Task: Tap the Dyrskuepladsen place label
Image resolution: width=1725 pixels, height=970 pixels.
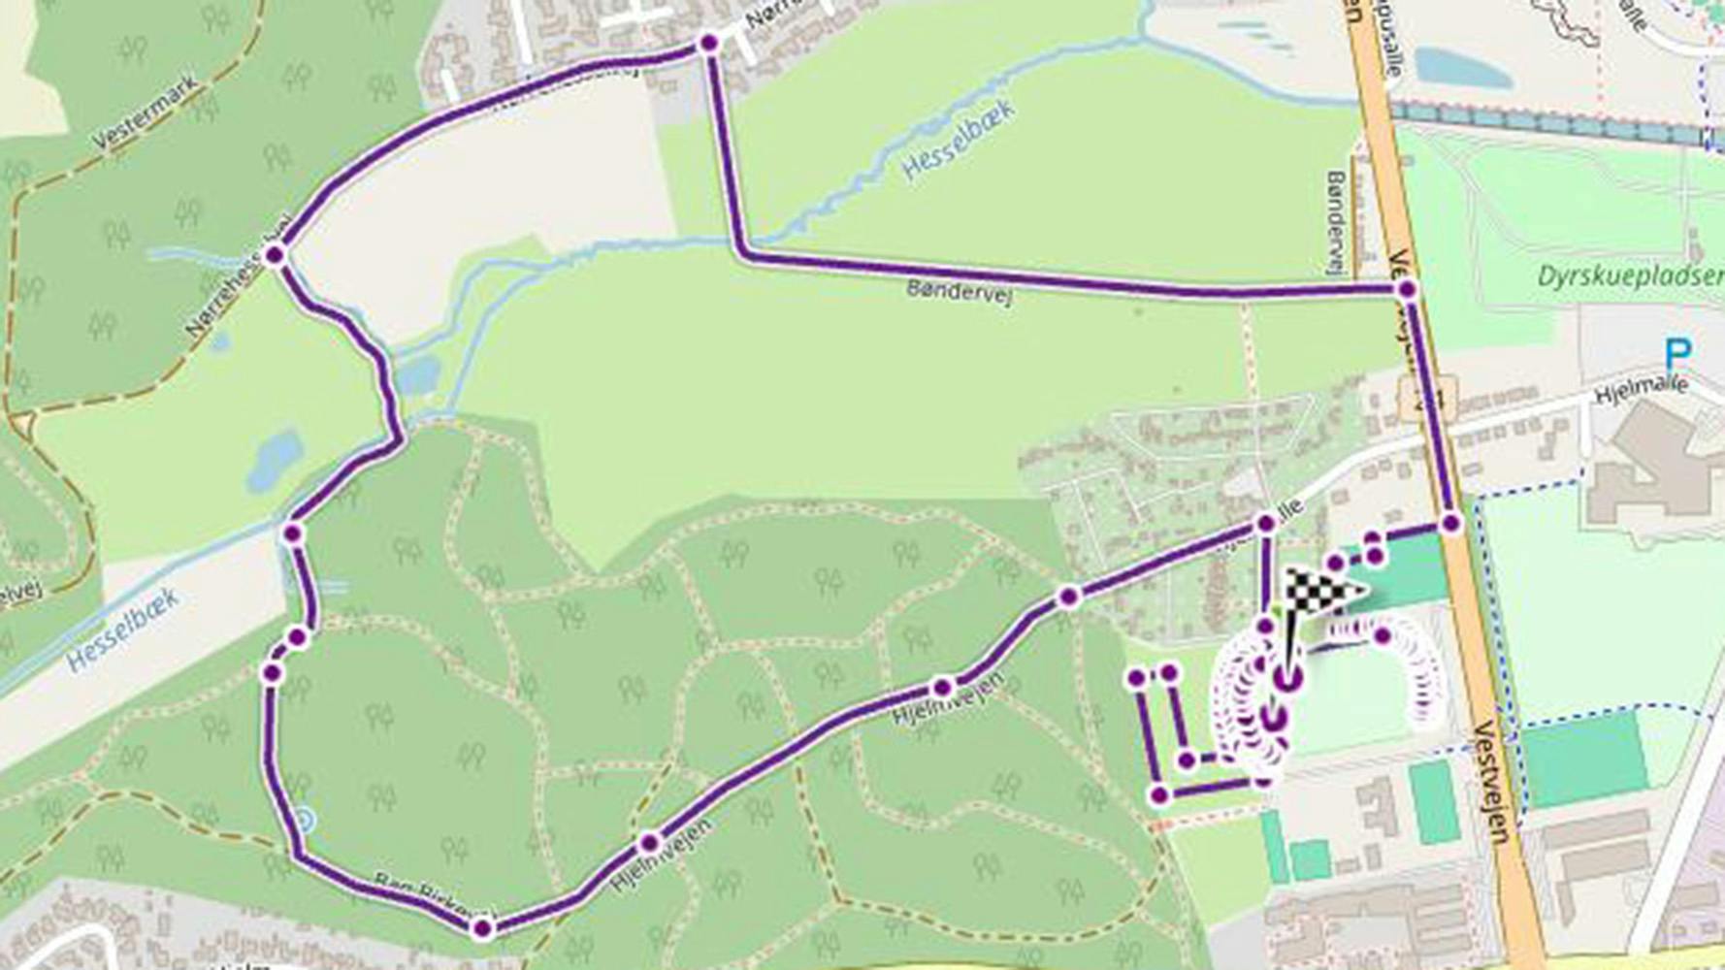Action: pos(1630,276)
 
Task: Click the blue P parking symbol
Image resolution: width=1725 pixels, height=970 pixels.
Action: pos(1677,352)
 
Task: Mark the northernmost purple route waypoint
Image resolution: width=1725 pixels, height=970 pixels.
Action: pos(708,43)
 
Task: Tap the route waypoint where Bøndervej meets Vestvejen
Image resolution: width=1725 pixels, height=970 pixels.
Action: pos(1408,289)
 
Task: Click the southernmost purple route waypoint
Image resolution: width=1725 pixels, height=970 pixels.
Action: pos(482,929)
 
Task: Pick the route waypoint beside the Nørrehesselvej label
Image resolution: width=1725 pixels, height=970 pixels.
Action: pos(275,255)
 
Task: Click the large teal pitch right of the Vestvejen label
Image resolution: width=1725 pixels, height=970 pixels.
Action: pos(1583,756)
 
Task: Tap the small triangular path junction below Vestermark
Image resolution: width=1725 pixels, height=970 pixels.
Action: pos(21,424)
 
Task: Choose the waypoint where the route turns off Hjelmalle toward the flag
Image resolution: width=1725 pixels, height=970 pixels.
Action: pos(1265,524)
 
